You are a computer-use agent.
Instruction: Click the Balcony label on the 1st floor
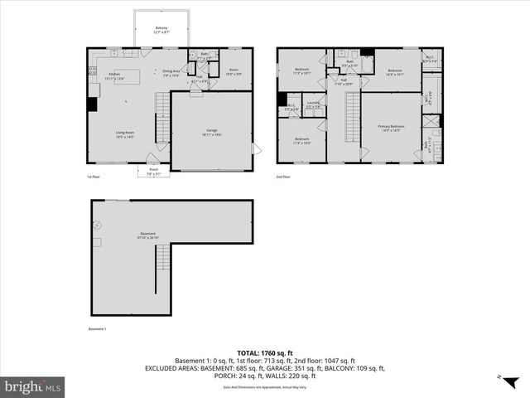[x=161, y=30]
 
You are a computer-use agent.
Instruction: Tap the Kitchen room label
[x=115, y=75]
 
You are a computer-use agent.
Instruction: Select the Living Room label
[x=124, y=133]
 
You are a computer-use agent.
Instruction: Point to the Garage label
[x=211, y=133]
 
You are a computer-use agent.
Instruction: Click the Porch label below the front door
[x=152, y=172]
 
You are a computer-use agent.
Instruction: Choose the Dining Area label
[x=171, y=73]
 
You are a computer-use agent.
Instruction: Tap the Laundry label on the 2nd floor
[x=313, y=105]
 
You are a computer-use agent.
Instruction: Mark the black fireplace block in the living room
[x=91, y=104]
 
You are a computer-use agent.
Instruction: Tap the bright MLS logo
[x=33, y=387]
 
